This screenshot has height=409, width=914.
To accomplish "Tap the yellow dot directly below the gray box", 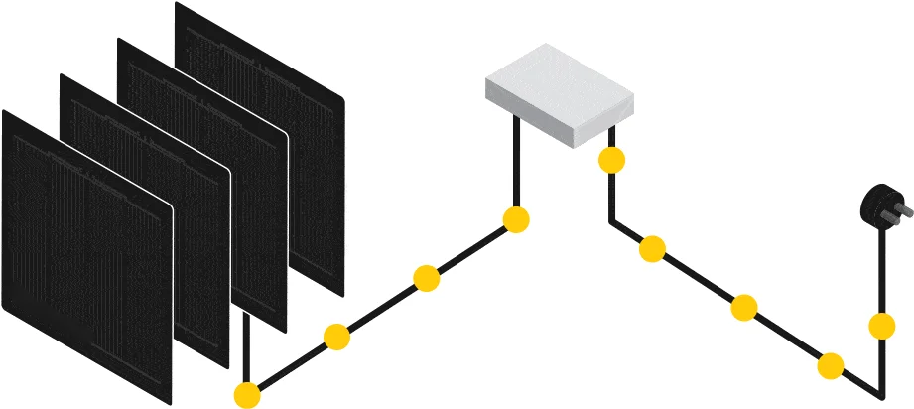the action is (611, 159).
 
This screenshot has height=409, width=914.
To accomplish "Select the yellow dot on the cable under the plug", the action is (881, 325).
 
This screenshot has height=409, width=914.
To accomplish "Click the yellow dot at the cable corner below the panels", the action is (247, 395).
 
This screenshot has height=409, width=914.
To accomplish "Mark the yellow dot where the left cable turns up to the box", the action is (516, 219).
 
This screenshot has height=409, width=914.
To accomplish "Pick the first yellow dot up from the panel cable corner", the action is (337, 337).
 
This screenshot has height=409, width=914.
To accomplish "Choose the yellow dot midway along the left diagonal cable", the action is (427, 278).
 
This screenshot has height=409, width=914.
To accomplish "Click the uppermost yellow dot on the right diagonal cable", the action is (652, 249).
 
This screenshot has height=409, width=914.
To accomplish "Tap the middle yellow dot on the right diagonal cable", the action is (744, 308).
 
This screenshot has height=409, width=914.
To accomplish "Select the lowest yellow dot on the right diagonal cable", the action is (831, 366).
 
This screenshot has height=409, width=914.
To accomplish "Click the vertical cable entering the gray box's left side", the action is (516, 159).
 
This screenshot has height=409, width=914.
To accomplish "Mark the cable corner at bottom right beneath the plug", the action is (879, 393).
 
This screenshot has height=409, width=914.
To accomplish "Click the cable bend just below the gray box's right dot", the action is (611, 220).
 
